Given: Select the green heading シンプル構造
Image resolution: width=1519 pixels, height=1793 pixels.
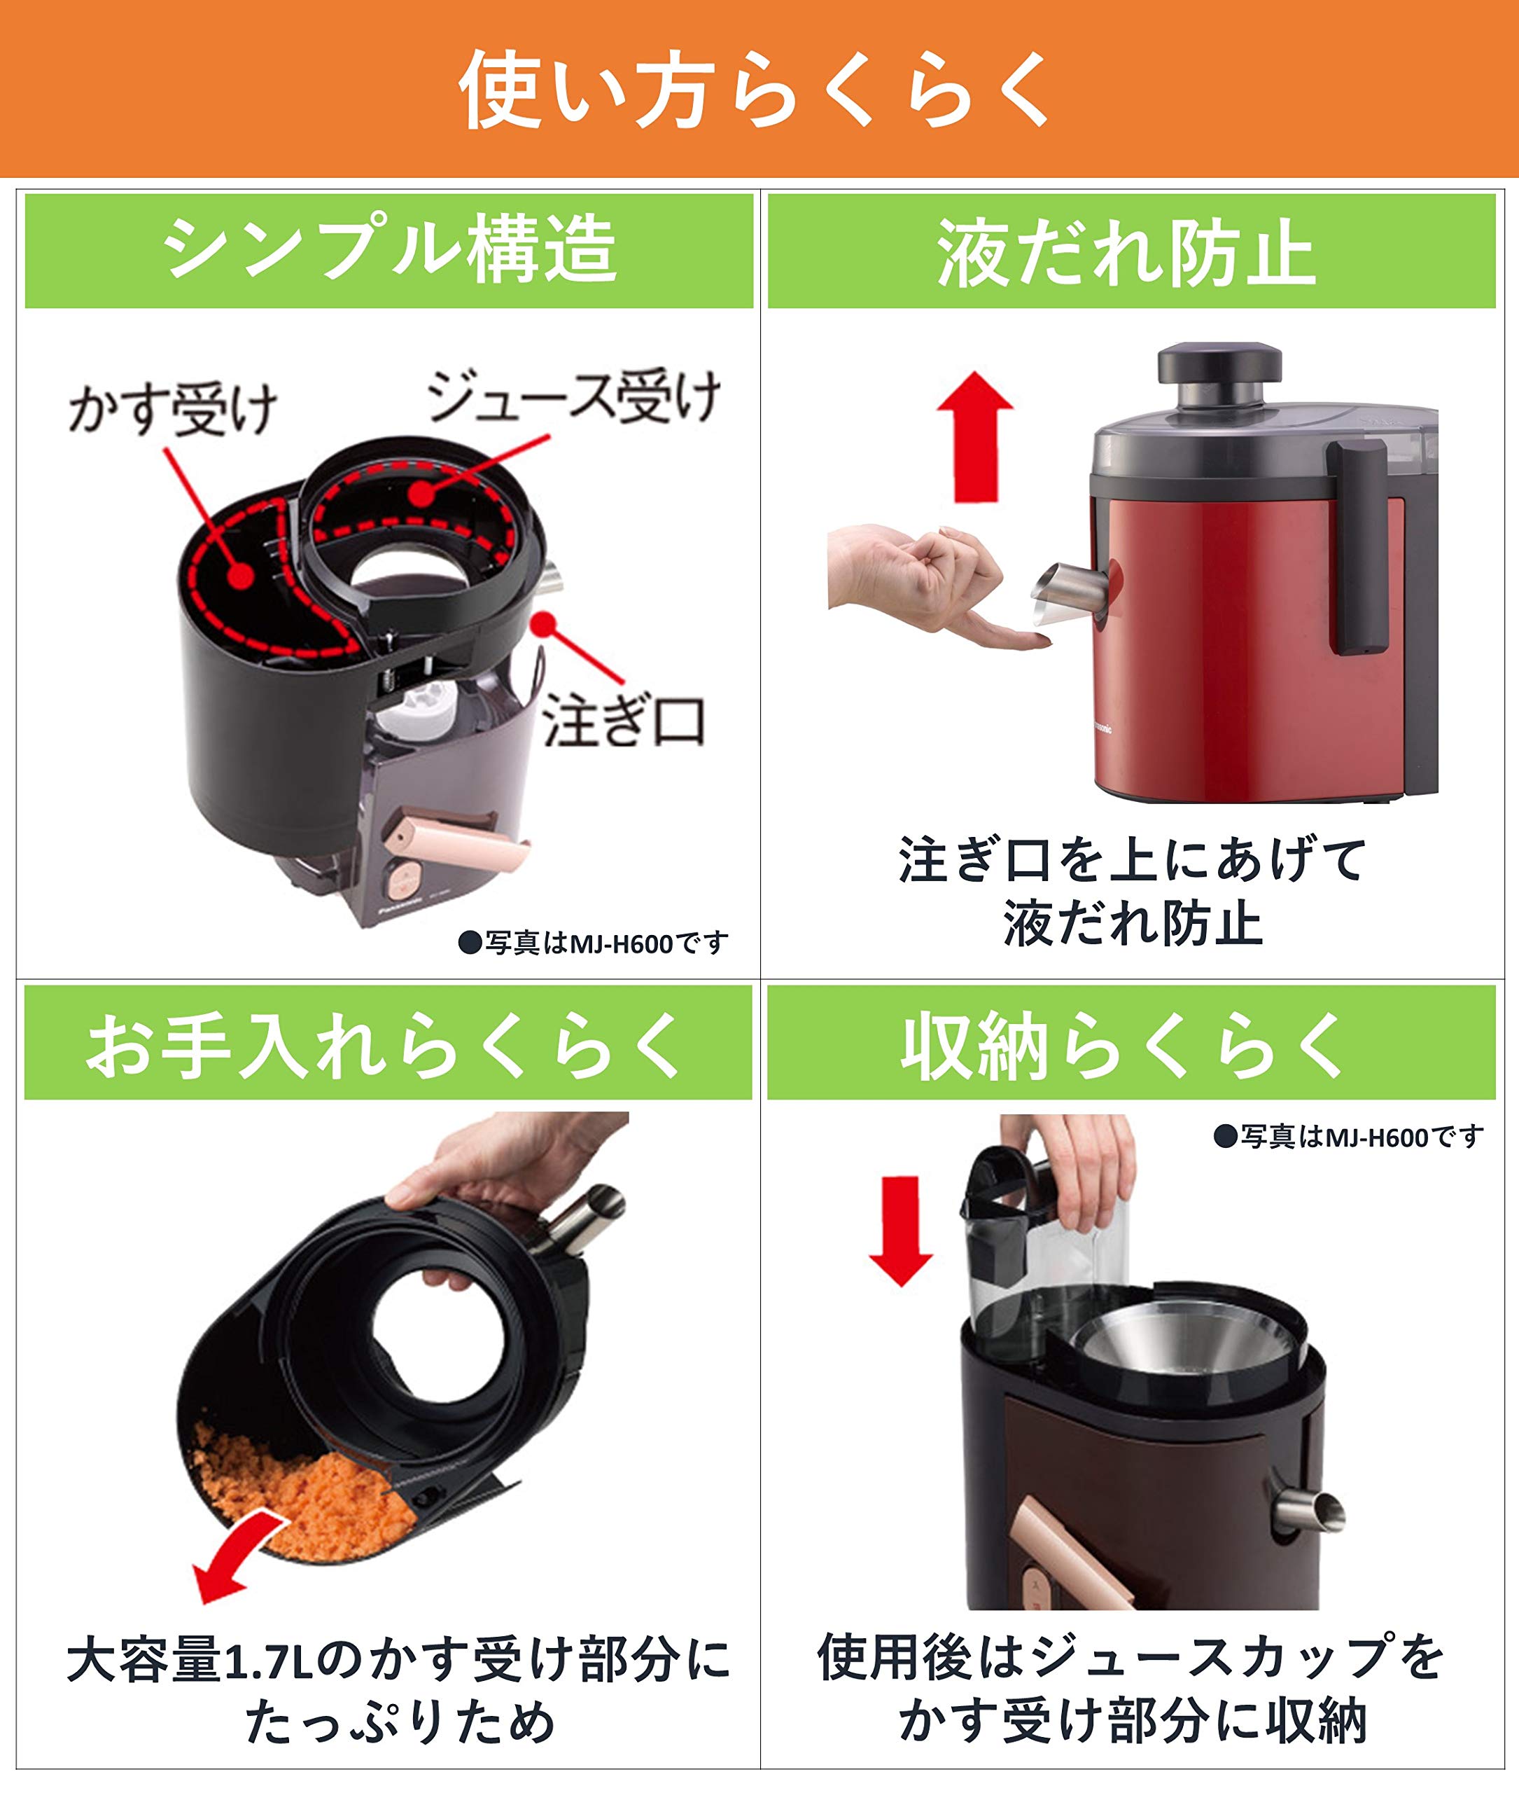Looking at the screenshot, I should pyautogui.click(x=389, y=250).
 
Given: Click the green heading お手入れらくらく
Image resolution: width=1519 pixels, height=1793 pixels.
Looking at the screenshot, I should pyautogui.click(x=388, y=1045).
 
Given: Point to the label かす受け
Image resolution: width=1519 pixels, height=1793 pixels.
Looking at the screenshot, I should pyautogui.click(x=172, y=408).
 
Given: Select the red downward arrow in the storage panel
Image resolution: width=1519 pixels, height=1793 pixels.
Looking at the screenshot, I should pyautogui.click(x=901, y=1233).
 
